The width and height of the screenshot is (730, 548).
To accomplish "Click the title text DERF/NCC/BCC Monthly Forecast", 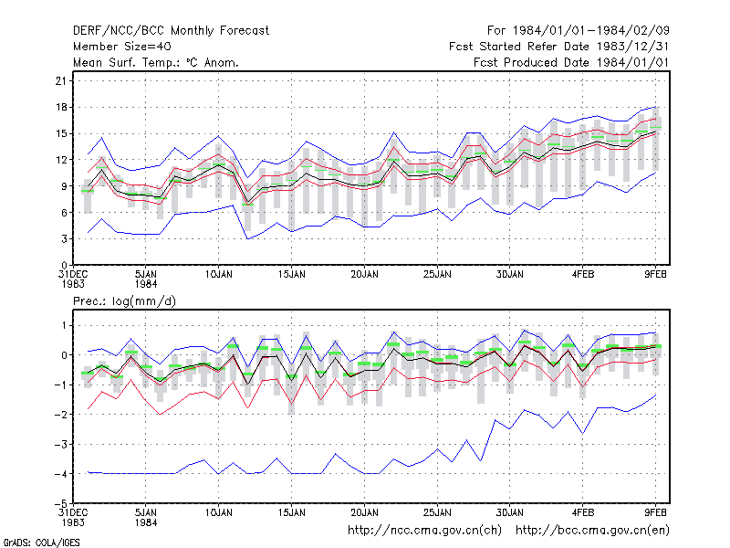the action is click(171, 31).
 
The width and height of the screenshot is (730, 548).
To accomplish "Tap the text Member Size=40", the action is click(122, 47).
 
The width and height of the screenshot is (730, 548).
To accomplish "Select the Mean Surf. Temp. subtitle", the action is click(155, 62).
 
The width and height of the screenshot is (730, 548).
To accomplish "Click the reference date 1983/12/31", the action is click(632, 47).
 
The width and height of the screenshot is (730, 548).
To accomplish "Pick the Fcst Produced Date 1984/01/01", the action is click(571, 62).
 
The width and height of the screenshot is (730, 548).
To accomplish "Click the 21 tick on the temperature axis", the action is click(61, 81).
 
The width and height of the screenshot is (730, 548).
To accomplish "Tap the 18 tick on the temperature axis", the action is click(61, 107).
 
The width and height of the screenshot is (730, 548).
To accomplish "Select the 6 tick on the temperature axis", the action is click(64, 213).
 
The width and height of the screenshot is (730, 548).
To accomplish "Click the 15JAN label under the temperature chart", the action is click(292, 275).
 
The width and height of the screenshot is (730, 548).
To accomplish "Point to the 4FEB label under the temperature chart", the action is click(583, 275).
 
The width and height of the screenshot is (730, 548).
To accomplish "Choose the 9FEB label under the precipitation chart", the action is click(655, 512).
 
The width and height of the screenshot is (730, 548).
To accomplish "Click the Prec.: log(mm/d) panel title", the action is click(124, 301).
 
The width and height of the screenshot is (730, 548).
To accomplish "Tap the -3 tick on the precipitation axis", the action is click(61, 445).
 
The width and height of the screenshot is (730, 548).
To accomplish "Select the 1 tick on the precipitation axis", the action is click(64, 325).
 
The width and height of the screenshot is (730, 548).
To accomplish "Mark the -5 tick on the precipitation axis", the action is click(61, 504).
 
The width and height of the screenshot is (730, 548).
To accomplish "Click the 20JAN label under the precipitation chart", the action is click(364, 512).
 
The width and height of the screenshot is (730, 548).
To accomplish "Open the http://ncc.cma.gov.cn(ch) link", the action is click(424, 531).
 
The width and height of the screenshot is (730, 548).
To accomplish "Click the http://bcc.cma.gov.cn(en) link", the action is click(592, 531).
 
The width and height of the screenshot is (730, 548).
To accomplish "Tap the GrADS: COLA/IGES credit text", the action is click(41, 543).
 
